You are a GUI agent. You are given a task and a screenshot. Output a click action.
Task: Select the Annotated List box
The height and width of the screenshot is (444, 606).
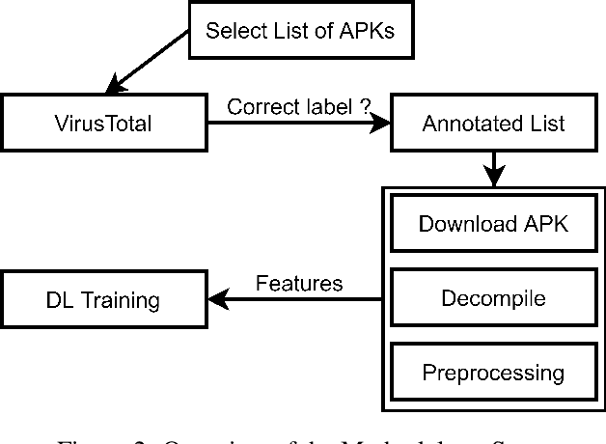(493, 124)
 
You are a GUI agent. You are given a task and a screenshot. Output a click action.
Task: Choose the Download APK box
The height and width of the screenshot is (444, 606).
(493, 225)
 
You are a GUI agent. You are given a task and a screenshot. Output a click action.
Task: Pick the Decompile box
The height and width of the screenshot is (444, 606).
(493, 298)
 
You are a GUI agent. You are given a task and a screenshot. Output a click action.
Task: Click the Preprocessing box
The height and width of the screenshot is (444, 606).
(493, 371)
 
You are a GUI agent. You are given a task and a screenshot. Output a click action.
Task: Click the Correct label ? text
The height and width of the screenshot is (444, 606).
(298, 105)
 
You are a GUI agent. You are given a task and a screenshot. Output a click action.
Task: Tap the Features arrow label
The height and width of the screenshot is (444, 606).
(299, 283)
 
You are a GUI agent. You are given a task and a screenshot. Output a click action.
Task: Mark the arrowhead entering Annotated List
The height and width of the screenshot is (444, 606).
(382, 124)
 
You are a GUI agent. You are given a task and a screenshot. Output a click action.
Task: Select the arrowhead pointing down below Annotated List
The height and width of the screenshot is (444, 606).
(494, 179)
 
